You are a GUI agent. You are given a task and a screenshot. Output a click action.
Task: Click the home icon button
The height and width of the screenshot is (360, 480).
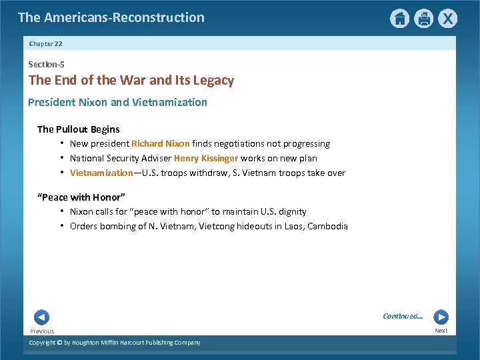pos(399,19)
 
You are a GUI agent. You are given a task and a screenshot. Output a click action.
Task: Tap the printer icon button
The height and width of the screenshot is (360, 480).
pos(423,19)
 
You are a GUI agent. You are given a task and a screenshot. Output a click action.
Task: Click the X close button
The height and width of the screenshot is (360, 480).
pos(448,19)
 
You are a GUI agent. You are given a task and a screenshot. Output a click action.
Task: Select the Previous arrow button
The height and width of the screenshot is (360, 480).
pos(41,318)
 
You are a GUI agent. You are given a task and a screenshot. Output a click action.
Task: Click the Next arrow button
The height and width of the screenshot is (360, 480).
pos(441,317)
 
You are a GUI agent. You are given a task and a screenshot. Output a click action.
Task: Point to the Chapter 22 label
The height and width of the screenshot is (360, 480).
pos(46,44)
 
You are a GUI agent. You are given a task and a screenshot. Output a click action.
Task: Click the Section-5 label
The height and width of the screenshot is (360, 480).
pos(46,65)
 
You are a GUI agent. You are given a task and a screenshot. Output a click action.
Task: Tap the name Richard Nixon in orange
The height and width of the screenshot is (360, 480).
pos(161,143)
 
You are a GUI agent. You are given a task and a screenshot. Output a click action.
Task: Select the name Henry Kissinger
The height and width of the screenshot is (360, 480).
pos(205,158)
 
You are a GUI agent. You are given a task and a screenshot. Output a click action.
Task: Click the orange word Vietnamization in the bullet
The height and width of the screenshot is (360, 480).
pos(101,173)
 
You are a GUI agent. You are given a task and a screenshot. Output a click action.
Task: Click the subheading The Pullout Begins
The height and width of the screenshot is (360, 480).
pos(79,129)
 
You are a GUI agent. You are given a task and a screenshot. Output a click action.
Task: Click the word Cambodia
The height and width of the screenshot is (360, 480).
pos(327,226)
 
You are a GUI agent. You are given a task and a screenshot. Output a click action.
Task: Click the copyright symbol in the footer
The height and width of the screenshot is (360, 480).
pos(59,343)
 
